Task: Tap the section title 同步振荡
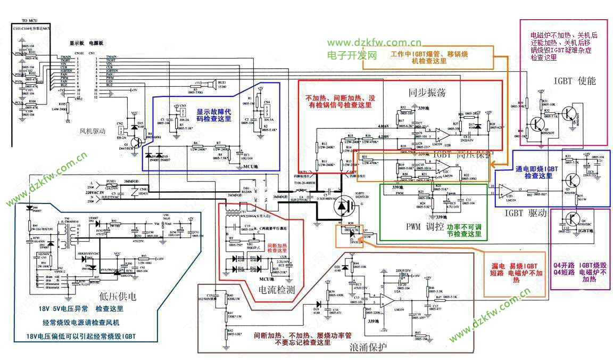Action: click(427, 93)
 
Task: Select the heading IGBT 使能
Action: click(575, 81)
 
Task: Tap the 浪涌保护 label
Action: click(368, 348)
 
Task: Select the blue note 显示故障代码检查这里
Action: click(214, 116)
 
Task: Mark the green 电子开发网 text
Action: click(352, 55)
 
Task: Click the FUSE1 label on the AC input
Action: click(112, 181)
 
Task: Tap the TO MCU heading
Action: click(29, 20)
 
